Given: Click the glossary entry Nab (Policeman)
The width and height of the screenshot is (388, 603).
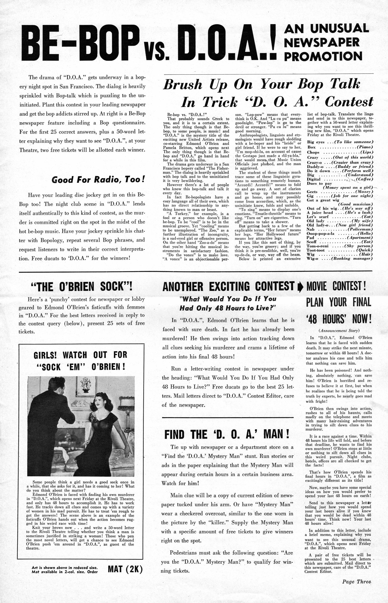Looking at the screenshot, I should coord(340,229).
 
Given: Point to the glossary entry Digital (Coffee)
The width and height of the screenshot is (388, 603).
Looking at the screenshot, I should coord(340,179).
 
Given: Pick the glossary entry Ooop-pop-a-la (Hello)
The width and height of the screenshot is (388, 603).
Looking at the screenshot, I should coord(340,233).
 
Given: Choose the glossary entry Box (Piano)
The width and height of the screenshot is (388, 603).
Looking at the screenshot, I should coord(340,147).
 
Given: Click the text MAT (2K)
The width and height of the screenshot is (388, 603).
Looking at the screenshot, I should coord(125,569).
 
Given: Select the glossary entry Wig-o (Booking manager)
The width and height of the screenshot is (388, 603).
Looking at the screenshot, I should coord(340,259).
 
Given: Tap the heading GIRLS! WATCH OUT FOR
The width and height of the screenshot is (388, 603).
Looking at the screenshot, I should coord(80,355).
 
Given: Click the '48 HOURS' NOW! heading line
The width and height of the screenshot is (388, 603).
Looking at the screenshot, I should coord(339,319).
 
